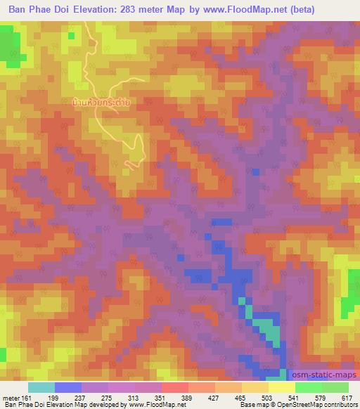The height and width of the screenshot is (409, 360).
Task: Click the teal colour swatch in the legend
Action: (x=41, y=387)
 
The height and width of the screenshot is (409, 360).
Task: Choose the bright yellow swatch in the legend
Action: (x=282, y=387)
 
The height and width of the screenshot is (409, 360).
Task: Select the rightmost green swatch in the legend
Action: (x=335, y=387)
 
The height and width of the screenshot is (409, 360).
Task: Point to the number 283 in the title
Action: (x=134, y=10)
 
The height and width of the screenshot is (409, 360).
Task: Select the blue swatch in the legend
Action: (x=68, y=387)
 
